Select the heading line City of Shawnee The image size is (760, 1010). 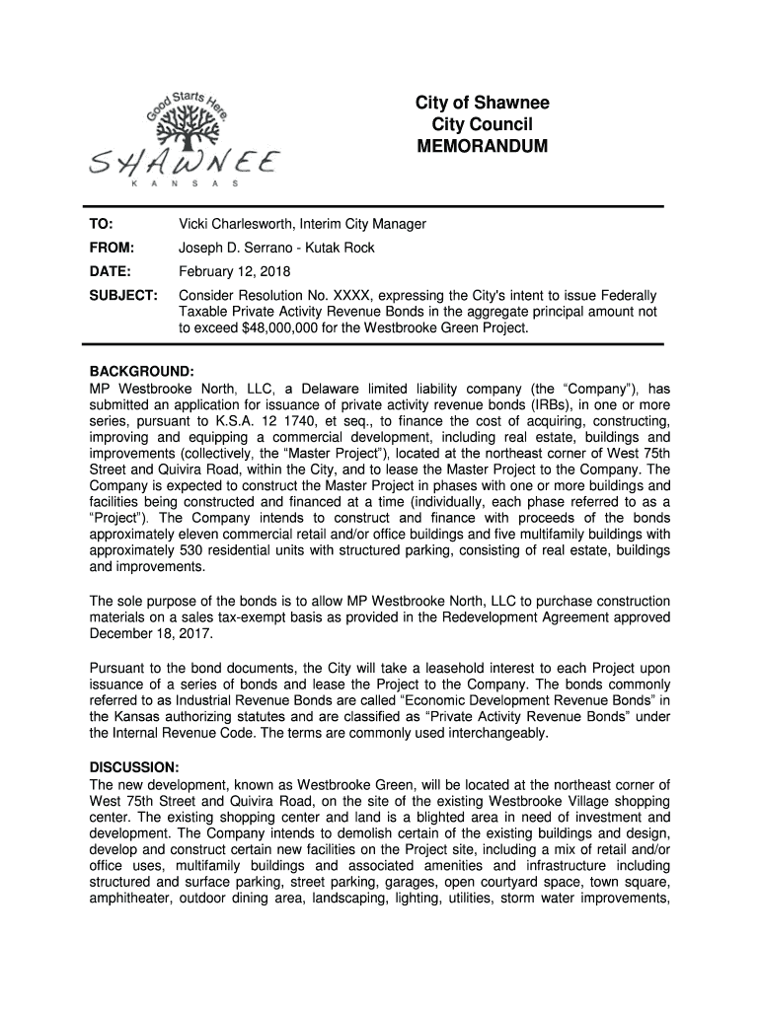coord(484,104)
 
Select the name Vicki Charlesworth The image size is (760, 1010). coord(235,224)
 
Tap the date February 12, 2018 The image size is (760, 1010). coord(234,271)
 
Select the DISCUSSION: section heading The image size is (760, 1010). coord(135,767)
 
